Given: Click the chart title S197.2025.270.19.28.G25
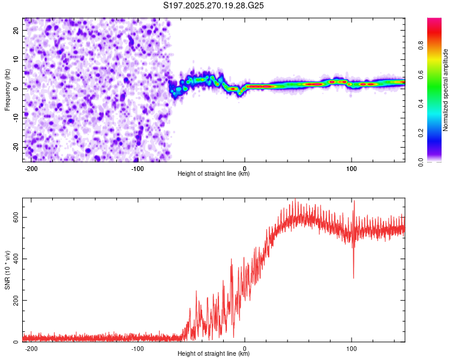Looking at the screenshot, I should point(214,5).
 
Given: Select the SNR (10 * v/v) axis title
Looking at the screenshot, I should point(7,269).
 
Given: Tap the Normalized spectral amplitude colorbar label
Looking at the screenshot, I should point(446,90).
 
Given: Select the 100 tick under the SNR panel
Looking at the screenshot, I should point(351,348).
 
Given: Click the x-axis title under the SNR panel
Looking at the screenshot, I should point(214,354).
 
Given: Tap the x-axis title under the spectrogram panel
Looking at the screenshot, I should point(214,174).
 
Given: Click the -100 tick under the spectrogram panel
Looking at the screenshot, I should point(138,168).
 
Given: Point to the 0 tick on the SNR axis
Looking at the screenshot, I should point(17,341).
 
